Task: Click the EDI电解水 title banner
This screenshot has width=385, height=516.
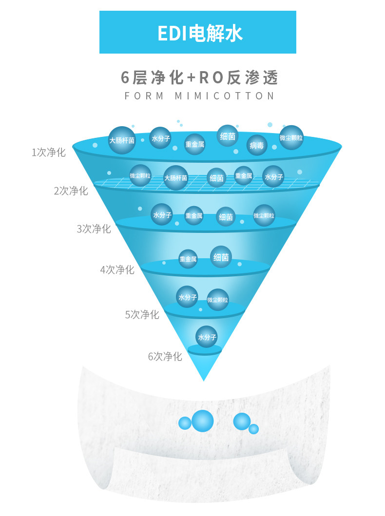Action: click(198, 32)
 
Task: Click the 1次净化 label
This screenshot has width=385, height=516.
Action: click(48, 152)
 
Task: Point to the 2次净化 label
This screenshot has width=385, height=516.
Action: click(71, 191)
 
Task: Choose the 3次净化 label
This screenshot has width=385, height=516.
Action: click(94, 229)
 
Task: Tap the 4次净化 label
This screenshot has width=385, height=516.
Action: click(117, 269)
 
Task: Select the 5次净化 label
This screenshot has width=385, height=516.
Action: click(142, 314)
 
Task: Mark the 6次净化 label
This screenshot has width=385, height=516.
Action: click(165, 356)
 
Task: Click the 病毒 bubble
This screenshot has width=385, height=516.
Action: click(257, 145)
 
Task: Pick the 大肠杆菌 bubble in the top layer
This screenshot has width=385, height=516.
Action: click(122, 140)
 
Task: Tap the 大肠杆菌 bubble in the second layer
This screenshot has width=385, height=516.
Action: click(175, 178)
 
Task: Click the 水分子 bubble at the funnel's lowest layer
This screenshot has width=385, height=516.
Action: click(207, 336)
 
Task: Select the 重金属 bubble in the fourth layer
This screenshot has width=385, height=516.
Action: click(188, 259)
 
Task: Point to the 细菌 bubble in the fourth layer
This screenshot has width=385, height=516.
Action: click(221, 257)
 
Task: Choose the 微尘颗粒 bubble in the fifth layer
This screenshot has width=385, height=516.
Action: click(217, 300)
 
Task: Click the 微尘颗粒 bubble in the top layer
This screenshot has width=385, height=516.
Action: click(291, 137)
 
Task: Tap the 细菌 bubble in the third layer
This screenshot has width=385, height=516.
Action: click(226, 216)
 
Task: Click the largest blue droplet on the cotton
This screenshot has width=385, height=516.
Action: click(202, 421)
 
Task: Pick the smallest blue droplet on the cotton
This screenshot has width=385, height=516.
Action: click(253, 429)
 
